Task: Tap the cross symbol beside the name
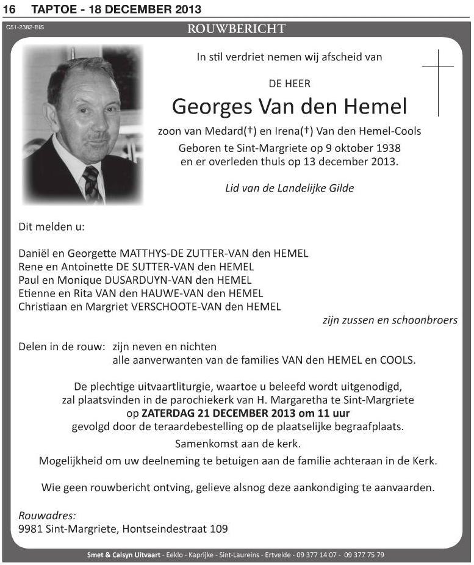[x=438, y=82]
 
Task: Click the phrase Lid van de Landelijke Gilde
[x=289, y=188]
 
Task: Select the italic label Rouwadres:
[x=46, y=515]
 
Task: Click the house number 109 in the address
[x=218, y=529]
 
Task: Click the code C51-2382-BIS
[x=25, y=27]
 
